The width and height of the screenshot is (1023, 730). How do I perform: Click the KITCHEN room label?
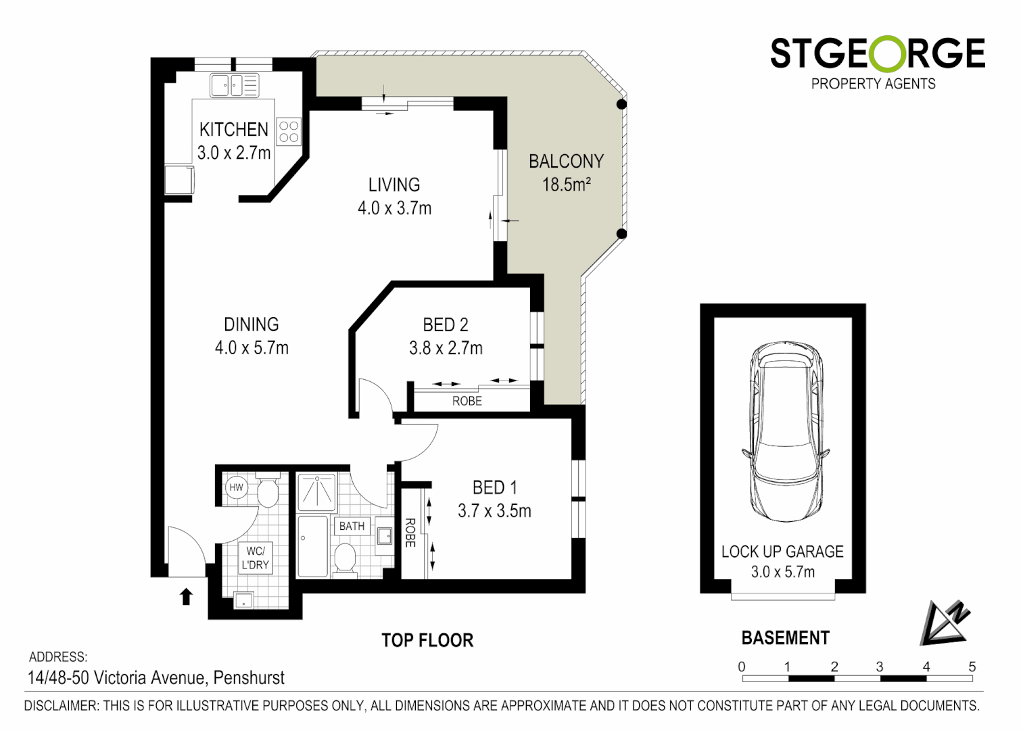(233, 129)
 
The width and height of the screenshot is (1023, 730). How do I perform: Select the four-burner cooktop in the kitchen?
(289, 132)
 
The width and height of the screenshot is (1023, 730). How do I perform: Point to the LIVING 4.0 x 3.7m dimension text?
(394, 208)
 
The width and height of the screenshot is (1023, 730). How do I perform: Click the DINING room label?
(251, 324)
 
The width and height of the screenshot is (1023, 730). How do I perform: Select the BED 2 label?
(445, 325)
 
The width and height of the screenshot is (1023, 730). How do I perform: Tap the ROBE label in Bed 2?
(467, 401)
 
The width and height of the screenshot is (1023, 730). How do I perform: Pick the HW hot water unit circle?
(236, 487)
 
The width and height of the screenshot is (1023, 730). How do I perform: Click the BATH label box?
(352, 526)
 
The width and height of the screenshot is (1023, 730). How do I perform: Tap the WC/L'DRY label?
(255, 558)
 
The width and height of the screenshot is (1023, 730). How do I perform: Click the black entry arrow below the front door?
(186, 596)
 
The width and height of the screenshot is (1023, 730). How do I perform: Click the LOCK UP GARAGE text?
(782, 552)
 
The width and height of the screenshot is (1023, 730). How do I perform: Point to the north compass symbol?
(945, 623)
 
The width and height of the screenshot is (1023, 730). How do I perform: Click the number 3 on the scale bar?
(880, 666)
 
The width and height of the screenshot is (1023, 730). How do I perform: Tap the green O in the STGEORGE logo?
(878, 53)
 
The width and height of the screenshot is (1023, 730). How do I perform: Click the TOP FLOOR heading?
(427, 640)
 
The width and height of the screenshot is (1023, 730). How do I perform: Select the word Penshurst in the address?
(249, 677)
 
